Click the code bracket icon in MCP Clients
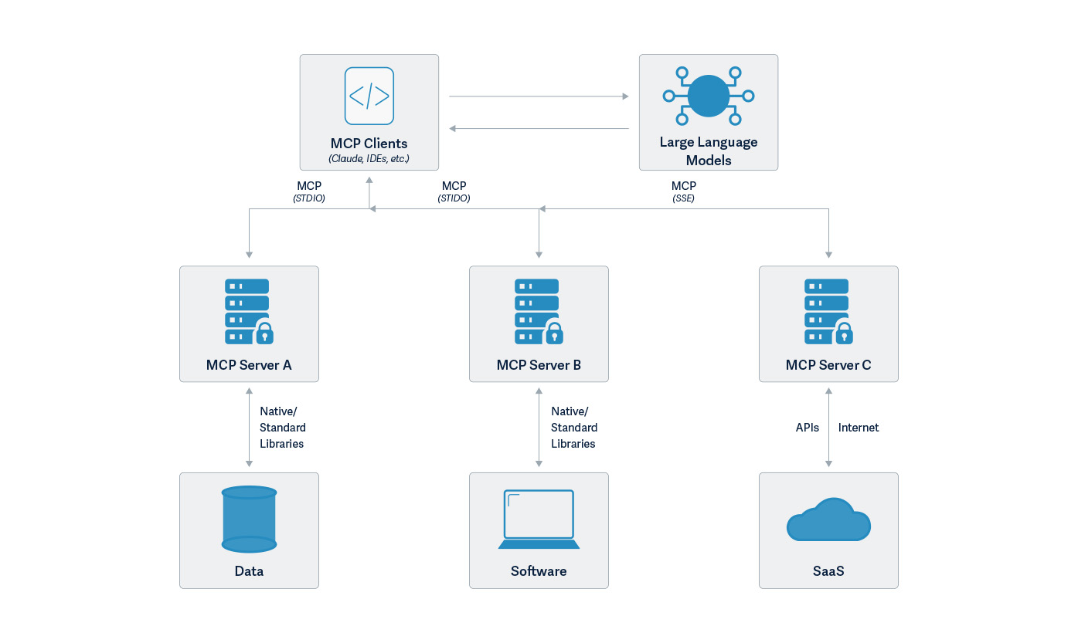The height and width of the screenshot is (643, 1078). [x=369, y=96]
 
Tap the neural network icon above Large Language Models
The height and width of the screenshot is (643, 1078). [x=709, y=96]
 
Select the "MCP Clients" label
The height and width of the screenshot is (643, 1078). [x=369, y=144]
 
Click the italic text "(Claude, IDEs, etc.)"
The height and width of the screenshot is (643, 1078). [x=369, y=158]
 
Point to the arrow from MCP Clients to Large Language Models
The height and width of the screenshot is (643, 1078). [x=539, y=96]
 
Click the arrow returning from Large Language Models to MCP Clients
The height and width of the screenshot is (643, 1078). [x=539, y=128]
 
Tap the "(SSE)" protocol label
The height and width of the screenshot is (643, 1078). [x=683, y=198]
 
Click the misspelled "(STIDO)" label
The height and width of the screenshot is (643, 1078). [x=454, y=198]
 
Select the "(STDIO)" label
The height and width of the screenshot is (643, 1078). [x=309, y=198]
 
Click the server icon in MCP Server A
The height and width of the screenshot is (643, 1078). [x=249, y=311]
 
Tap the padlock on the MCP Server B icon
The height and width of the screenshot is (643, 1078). [x=554, y=333]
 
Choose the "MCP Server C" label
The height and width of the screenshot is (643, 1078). [x=828, y=365]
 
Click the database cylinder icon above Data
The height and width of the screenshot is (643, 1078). [x=249, y=519]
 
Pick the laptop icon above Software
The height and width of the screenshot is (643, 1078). [x=539, y=519]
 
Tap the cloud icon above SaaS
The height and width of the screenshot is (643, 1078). [x=828, y=519]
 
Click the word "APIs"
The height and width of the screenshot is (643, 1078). [x=807, y=428]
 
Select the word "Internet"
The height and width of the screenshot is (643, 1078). [x=858, y=428]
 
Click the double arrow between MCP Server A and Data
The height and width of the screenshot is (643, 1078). [x=249, y=427]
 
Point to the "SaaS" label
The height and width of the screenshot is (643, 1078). [x=828, y=571]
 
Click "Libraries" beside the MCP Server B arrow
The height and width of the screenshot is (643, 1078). [x=573, y=444]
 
